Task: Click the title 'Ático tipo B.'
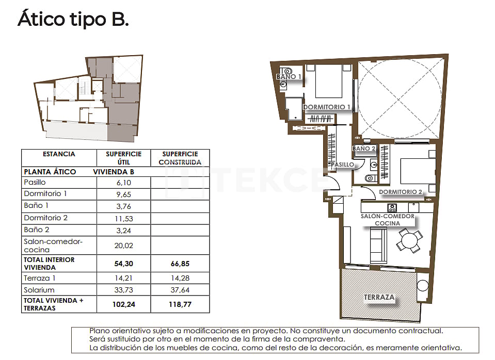pyautogui.click(x=73, y=19)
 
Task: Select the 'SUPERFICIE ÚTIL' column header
pyautogui.click(x=123, y=158)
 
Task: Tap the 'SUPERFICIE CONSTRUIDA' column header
pyautogui.click(x=180, y=158)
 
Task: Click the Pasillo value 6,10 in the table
pyautogui.click(x=123, y=183)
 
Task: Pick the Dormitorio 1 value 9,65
pyautogui.click(x=123, y=194)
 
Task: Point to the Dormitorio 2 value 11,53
pyautogui.click(x=123, y=218)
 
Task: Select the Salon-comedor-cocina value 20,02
pyautogui.click(x=123, y=246)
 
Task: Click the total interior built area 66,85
pyautogui.click(x=180, y=264)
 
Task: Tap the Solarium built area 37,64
pyautogui.click(x=180, y=290)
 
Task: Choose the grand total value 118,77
pyautogui.click(x=180, y=304)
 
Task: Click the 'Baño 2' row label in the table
pyautogui.click(x=37, y=230)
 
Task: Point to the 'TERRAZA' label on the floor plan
pyautogui.click(x=379, y=298)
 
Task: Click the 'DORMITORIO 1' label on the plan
pyautogui.click(x=327, y=107)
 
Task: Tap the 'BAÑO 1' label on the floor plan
pyautogui.click(x=289, y=76)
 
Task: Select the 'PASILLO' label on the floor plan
pyautogui.click(x=343, y=165)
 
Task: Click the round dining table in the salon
pyautogui.click(x=409, y=240)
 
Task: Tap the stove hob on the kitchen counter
pyautogui.click(x=392, y=208)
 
